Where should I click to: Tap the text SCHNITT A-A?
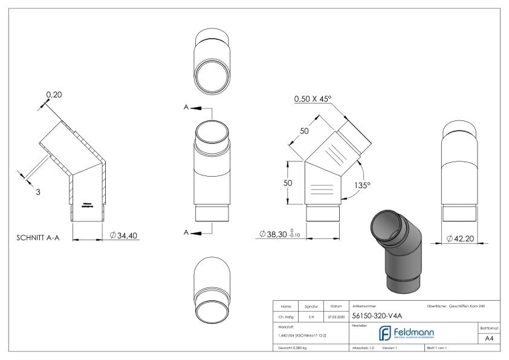click(x=38, y=237)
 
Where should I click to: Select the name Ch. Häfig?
click(x=286, y=315)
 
